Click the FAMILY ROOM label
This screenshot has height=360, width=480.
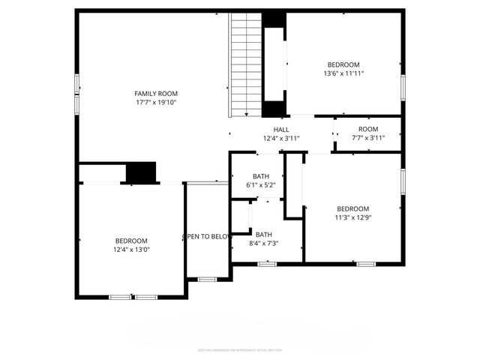point(156,94)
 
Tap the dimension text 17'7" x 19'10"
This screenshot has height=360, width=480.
point(156,103)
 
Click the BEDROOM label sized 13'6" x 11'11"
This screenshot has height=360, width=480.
point(343,64)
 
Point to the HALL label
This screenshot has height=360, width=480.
point(281,130)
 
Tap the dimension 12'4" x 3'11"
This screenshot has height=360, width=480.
point(281,139)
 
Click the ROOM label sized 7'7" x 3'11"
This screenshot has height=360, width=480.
point(367,129)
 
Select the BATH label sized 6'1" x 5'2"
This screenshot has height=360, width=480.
point(260,176)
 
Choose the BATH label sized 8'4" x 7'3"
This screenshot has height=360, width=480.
point(263,235)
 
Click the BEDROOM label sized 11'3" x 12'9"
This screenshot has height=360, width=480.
point(352,209)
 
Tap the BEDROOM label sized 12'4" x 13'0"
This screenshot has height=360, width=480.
point(131,241)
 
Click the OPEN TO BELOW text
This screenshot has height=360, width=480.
point(207,237)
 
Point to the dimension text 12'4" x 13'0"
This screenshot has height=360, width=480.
point(131,250)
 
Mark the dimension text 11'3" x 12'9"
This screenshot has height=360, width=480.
point(352,218)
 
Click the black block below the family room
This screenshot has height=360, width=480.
point(140,172)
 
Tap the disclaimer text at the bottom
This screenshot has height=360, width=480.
point(240,349)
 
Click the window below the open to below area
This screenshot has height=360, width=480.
point(207,280)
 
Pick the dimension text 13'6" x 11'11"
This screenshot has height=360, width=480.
point(343,73)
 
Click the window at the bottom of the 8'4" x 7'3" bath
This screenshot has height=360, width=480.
point(267,264)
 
